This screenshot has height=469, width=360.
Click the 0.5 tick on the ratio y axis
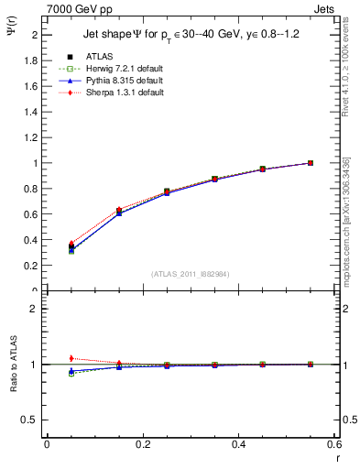[32, 420]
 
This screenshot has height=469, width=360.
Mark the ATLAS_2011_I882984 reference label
[190, 274]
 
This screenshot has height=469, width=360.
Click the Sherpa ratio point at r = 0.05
[71, 358]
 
